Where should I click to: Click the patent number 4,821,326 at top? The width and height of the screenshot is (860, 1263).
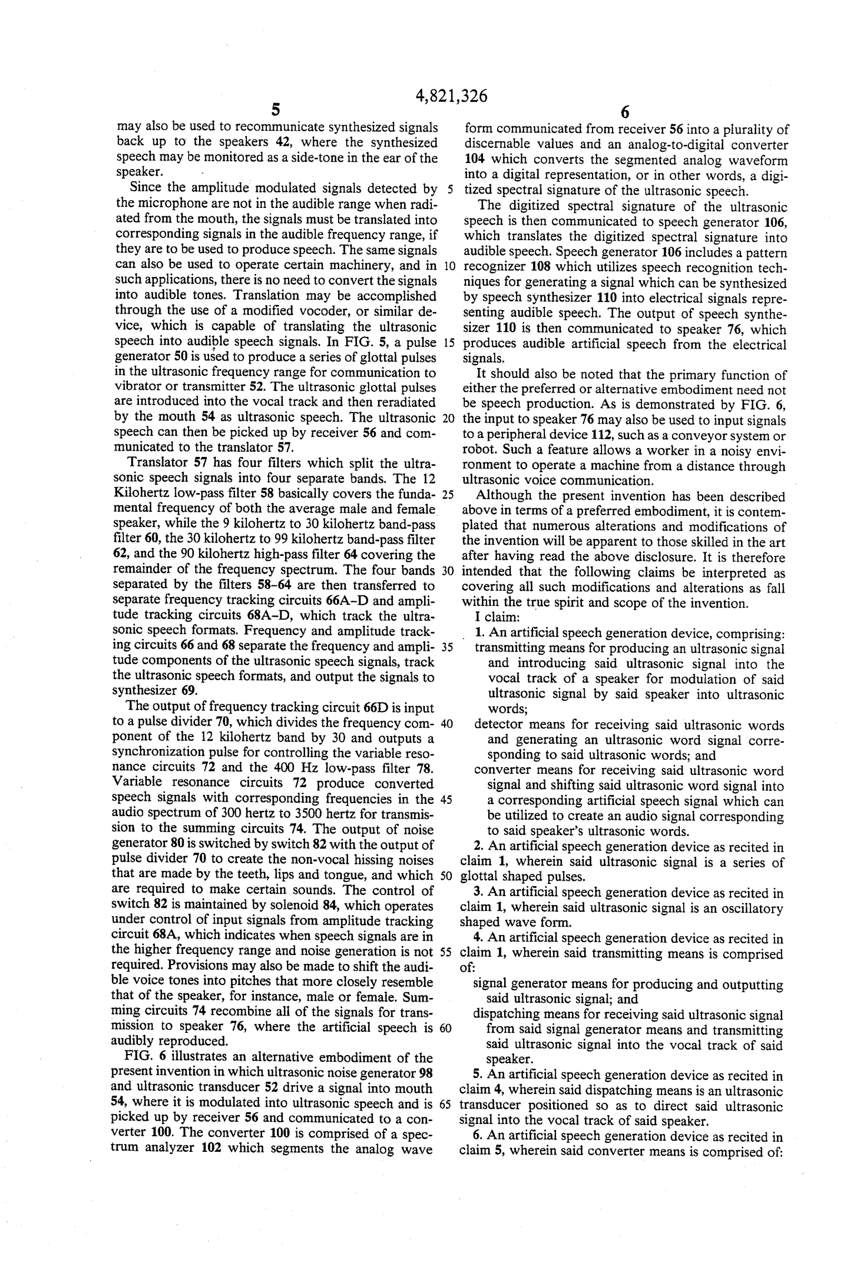(x=451, y=97)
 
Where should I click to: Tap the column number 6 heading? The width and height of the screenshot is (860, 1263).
(x=624, y=112)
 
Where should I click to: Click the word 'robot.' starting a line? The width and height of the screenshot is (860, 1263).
(x=479, y=452)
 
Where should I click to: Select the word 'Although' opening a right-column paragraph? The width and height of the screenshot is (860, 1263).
(x=503, y=496)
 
